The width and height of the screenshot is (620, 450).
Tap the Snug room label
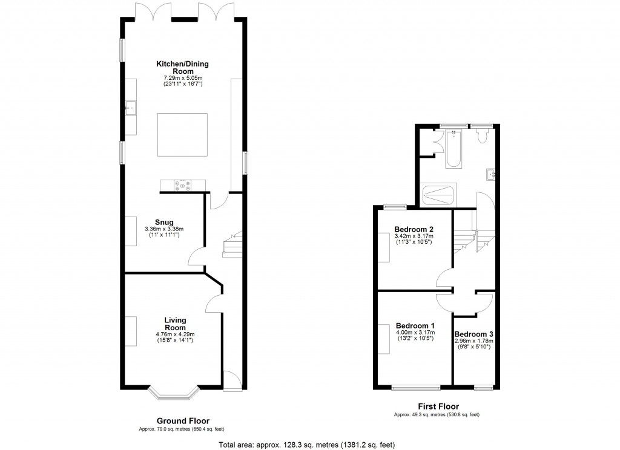[164, 221]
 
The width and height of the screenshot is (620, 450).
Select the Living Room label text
[175, 324]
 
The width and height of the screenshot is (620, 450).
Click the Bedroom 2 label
[414, 229]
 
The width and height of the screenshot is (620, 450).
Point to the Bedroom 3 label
[474, 334]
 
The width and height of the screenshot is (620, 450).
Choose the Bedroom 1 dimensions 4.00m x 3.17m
[414, 331]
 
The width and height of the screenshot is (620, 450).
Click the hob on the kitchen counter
[182, 186]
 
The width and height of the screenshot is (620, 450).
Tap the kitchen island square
[182, 134]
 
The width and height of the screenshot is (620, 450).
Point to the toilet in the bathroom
[483, 136]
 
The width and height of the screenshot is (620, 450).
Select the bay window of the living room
[174, 393]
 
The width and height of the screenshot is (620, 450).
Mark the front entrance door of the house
[232, 379]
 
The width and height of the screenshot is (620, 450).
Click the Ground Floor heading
[183, 421]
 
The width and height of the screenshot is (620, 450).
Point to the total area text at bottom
[306, 445]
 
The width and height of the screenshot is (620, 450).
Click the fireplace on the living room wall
[130, 331]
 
